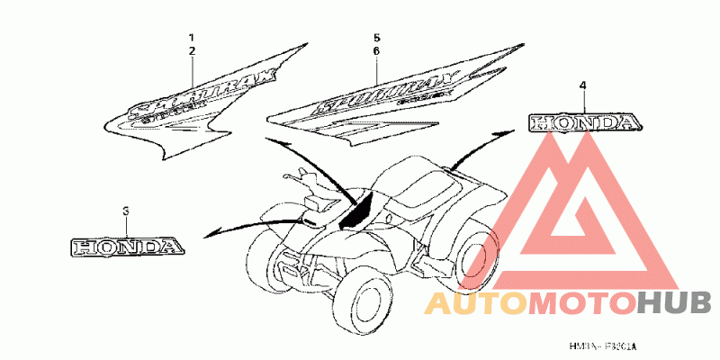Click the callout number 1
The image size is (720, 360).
tap(192, 37)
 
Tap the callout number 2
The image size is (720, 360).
tap(192, 52)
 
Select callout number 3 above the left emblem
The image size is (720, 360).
tap(126, 211)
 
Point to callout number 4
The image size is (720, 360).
tap(582, 85)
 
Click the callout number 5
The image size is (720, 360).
tap(377, 37)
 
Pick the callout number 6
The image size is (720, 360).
tap(377, 52)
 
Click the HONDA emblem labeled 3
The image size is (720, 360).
tap(127, 245)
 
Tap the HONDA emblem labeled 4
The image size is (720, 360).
tap(583, 122)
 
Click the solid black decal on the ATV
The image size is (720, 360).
tap(361, 209)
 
